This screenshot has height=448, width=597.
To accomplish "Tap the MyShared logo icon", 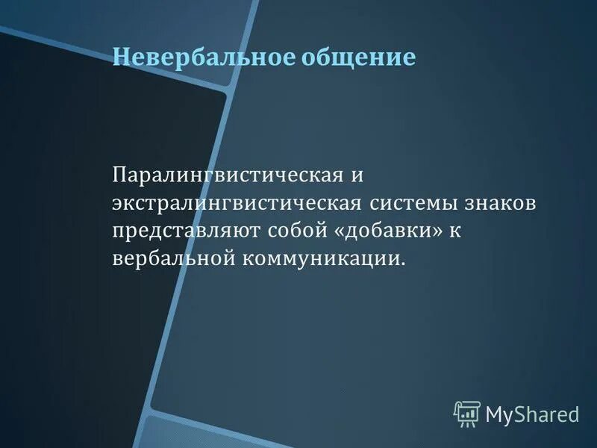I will (x=466, y=413).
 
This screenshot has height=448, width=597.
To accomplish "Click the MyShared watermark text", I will (x=532, y=413).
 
